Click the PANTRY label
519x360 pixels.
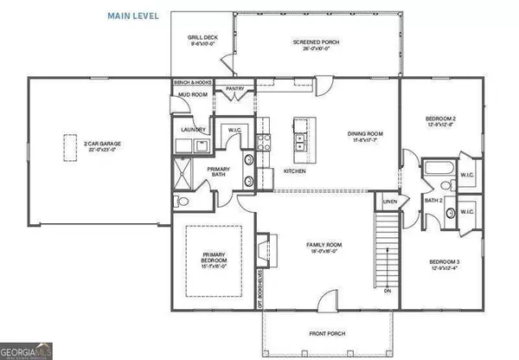[234, 87]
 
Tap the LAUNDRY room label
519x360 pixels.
[193, 130]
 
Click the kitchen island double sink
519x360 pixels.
[303, 140]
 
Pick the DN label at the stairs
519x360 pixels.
[387, 291]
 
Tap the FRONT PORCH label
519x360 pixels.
[323, 332]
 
